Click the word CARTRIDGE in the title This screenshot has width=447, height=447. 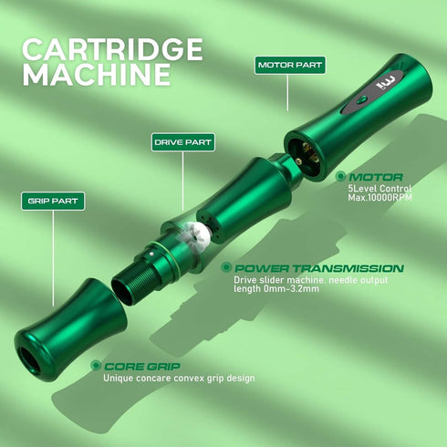(112, 49)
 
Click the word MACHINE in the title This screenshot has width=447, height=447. (97, 75)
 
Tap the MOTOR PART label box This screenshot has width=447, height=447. (290, 65)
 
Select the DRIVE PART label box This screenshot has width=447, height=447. (183, 142)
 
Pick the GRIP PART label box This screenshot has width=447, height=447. (53, 201)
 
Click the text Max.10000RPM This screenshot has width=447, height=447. (380, 198)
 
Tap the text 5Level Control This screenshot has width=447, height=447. (379, 189)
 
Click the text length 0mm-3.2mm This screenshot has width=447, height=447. (276, 288)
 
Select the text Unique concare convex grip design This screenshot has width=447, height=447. (179, 379)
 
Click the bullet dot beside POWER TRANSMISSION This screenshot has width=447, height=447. (226, 267)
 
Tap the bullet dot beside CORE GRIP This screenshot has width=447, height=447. (96, 365)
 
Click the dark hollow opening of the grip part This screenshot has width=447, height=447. (29, 360)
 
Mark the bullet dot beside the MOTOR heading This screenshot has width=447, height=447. (340, 176)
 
